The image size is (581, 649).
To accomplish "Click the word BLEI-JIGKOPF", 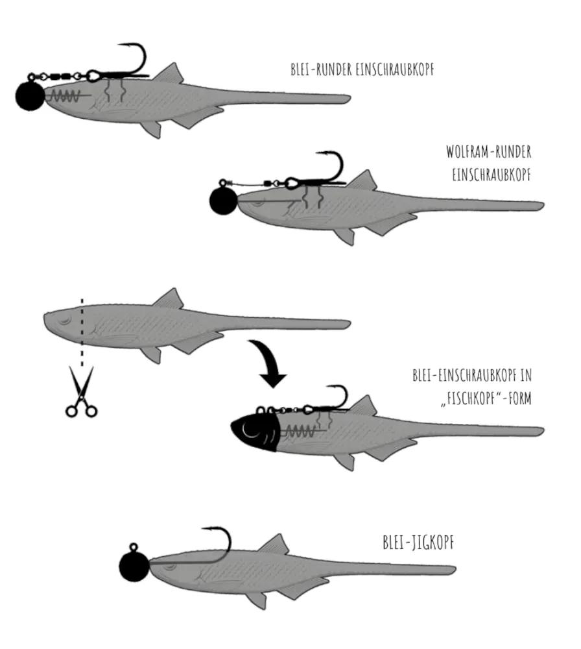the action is [418, 542].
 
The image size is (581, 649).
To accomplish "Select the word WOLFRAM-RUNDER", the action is [489, 152].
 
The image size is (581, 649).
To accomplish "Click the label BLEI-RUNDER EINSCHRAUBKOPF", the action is [362, 69].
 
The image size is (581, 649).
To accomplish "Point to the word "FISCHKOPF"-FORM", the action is [486, 398].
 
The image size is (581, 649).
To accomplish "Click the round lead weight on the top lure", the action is [30, 95].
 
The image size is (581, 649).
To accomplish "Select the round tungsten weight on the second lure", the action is [223, 201].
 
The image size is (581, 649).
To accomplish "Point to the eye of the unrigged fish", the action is [65, 321].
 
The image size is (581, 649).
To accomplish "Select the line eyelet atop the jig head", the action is [134, 547].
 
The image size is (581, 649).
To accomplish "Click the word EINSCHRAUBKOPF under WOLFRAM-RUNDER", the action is [492, 175].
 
